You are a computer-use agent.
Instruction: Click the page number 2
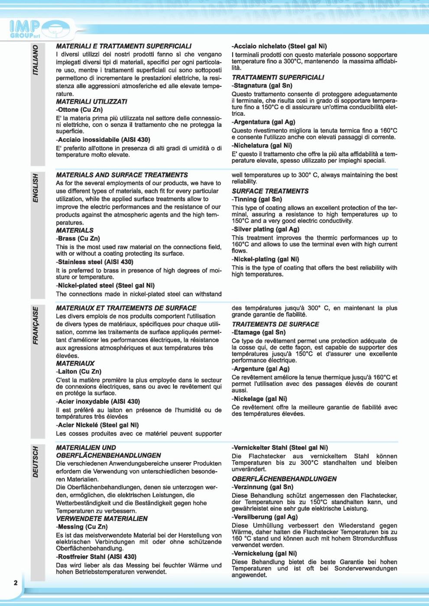(16, 583)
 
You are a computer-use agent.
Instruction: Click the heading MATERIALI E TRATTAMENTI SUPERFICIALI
(123, 46)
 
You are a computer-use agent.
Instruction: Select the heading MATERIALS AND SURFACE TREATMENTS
(122, 175)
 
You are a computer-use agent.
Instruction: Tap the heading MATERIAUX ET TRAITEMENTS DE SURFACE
(126, 308)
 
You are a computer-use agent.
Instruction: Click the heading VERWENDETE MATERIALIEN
(101, 519)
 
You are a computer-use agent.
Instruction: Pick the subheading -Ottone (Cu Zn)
(79, 110)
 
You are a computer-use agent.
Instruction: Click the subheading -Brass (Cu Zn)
(78, 238)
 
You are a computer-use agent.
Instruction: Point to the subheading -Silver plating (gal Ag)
(265, 229)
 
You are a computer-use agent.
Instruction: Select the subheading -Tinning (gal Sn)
(257, 199)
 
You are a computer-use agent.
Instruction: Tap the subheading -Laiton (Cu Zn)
(78, 371)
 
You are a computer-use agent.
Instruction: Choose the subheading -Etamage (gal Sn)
(258, 332)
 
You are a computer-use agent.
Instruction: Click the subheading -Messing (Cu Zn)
(81, 527)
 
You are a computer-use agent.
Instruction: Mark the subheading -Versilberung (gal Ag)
(264, 517)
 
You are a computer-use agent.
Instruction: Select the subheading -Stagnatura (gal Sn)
(262, 85)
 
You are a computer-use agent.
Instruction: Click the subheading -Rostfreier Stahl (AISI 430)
(96, 557)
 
